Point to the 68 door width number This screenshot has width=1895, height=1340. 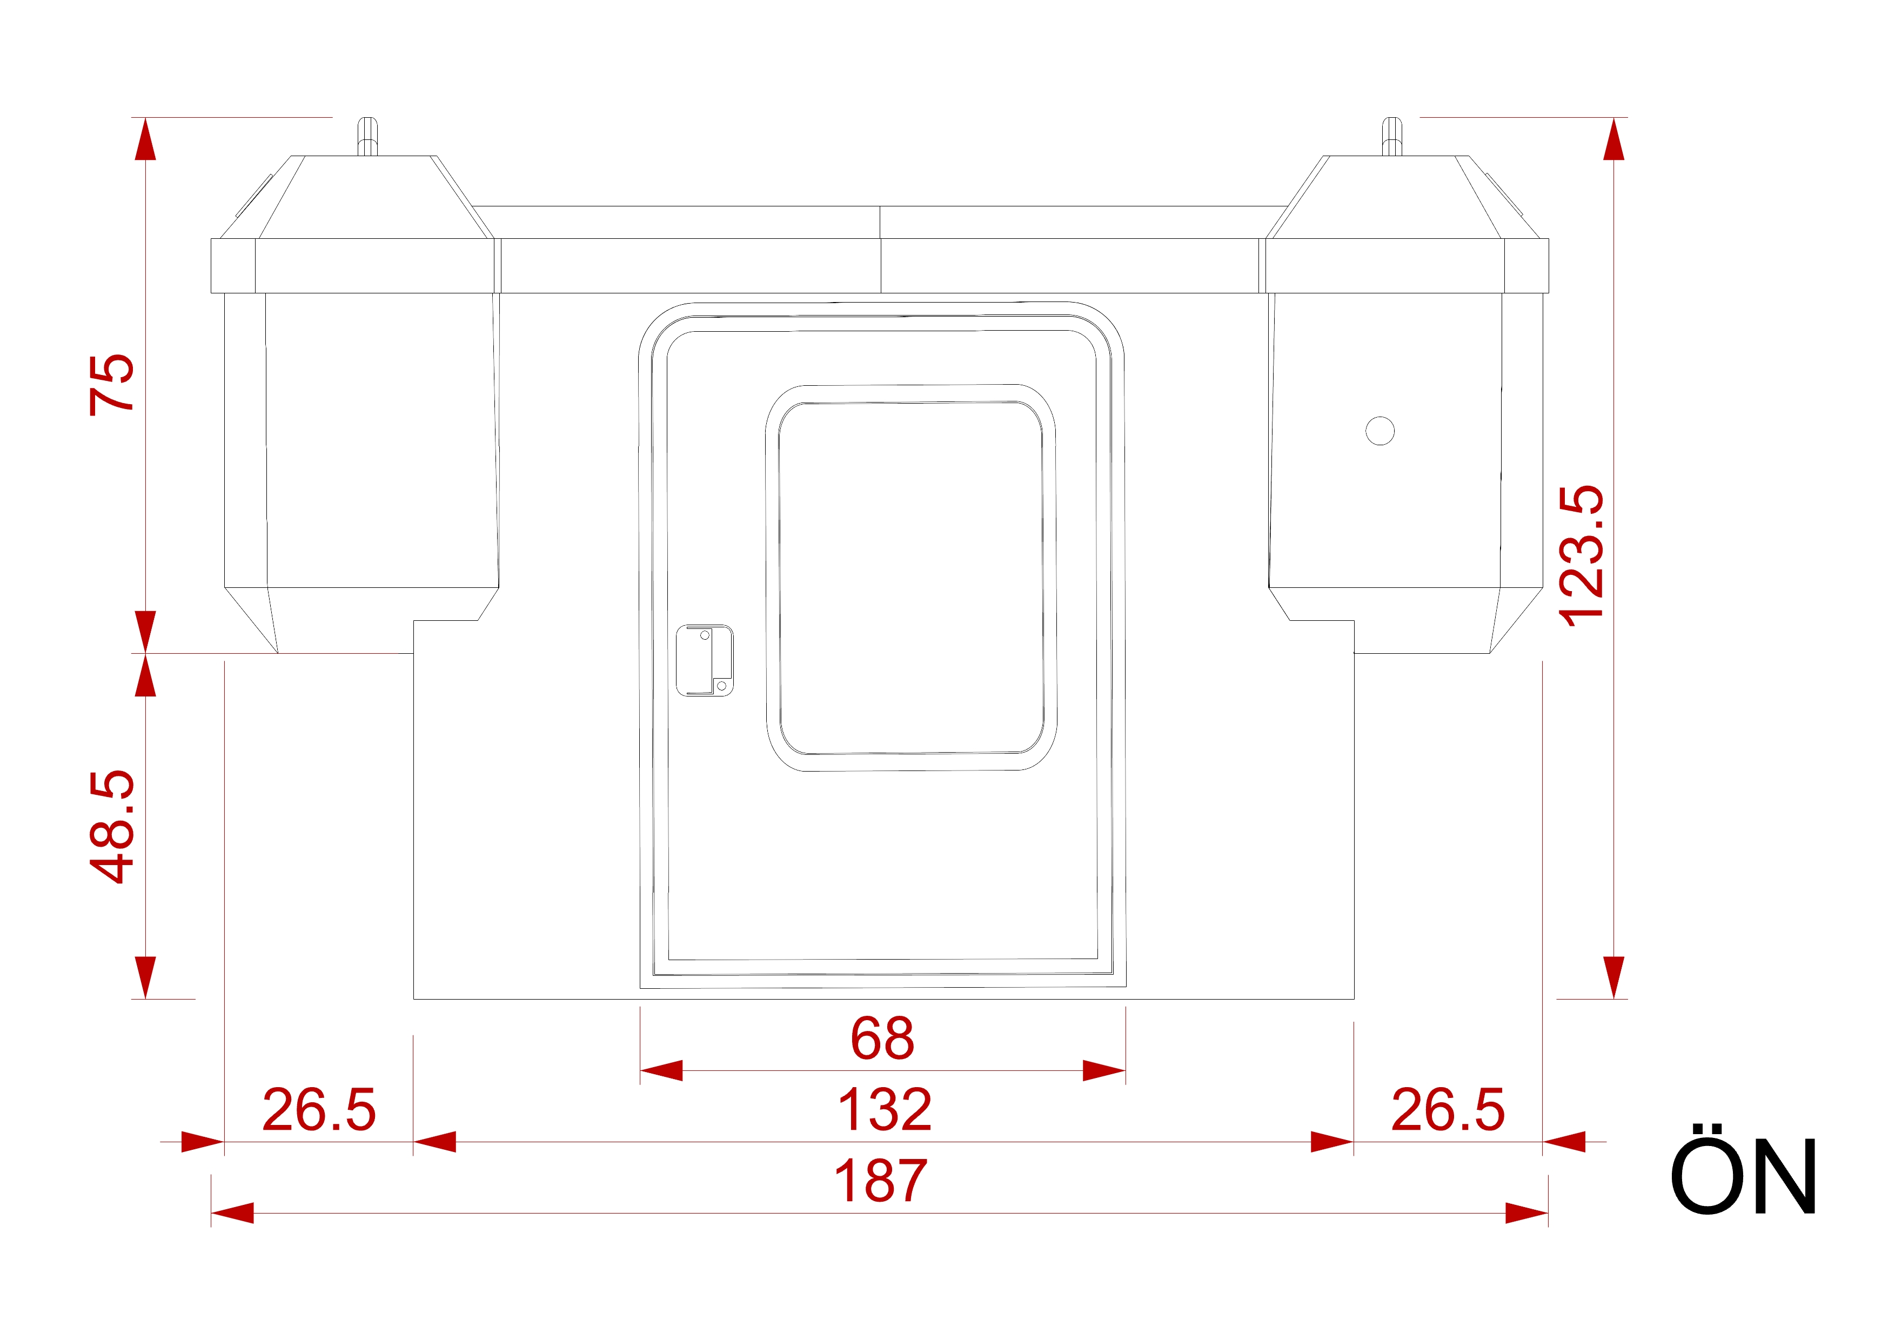click(x=882, y=1038)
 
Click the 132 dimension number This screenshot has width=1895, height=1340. click(x=884, y=1110)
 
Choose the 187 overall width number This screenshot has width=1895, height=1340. click(x=881, y=1181)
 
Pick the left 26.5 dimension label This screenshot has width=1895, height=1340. click(x=319, y=1110)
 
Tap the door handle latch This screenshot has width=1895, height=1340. click(x=704, y=660)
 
